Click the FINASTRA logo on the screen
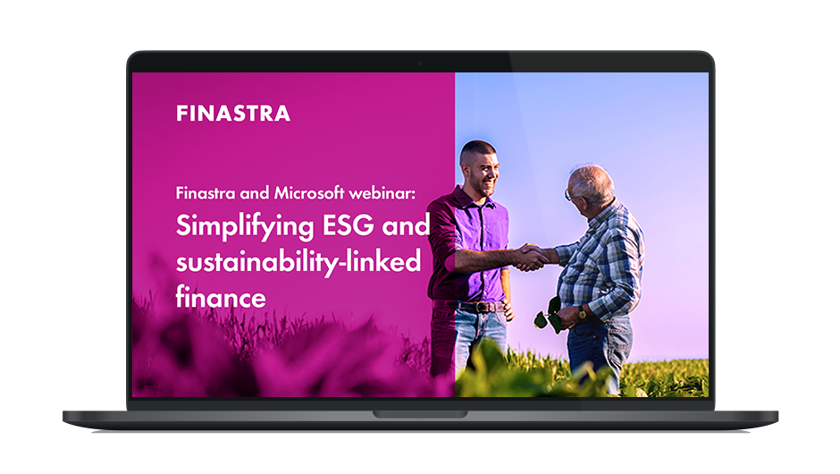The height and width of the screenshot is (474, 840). (x=233, y=114)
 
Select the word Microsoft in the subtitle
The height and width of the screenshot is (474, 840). (x=309, y=192)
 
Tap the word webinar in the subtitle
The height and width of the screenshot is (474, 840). (x=382, y=192)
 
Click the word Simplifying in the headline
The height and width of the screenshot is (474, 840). (x=245, y=226)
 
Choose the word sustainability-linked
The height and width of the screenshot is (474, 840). (x=298, y=263)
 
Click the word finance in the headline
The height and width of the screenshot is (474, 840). (x=221, y=297)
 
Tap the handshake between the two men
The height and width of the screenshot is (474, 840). (x=531, y=257)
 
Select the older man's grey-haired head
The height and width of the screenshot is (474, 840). (x=591, y=185)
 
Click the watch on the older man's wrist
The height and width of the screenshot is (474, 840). (x=582, y=312)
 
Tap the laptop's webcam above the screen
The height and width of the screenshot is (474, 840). (x=420, y=63)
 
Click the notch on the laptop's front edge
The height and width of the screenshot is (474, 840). (x=420, y=414)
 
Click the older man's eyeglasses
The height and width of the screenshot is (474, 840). (x=568, y=193)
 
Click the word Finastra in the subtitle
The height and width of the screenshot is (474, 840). (x=206, y=192)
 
